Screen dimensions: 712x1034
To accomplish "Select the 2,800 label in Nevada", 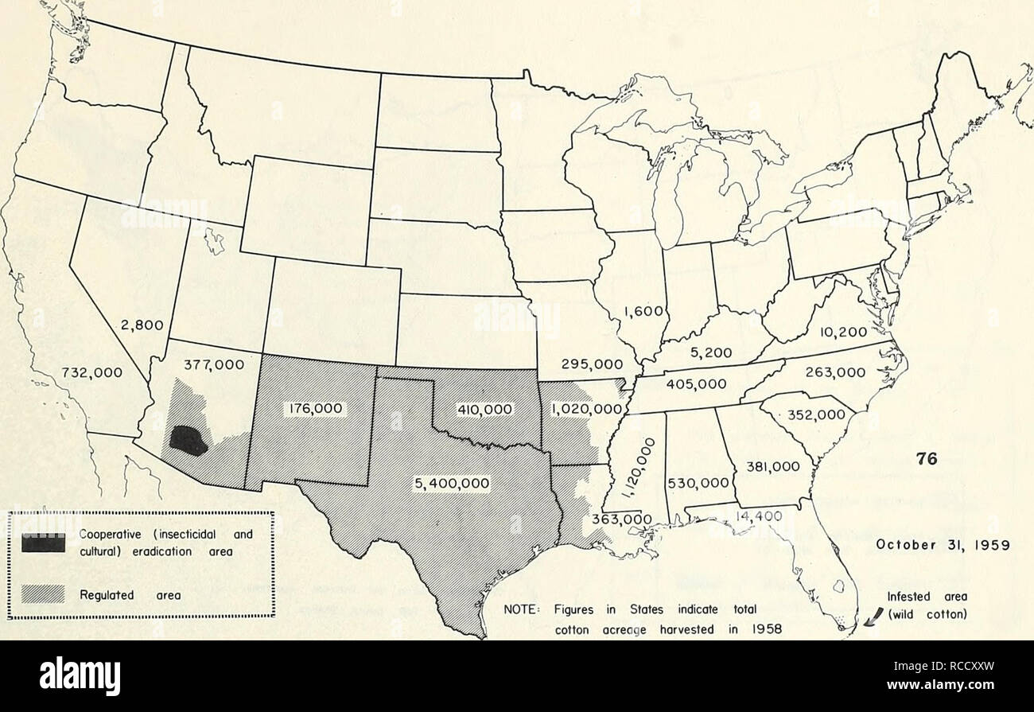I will [x=143, y=324].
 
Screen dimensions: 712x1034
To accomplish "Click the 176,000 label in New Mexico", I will [x=313, y=409].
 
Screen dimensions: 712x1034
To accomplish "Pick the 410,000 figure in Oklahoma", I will [x=484, y=410].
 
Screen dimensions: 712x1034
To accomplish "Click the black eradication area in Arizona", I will [x=189, y=440].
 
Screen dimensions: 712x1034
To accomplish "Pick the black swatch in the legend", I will [x=45, y=543].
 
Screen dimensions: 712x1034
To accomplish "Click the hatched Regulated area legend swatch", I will [x=45, y=592].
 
